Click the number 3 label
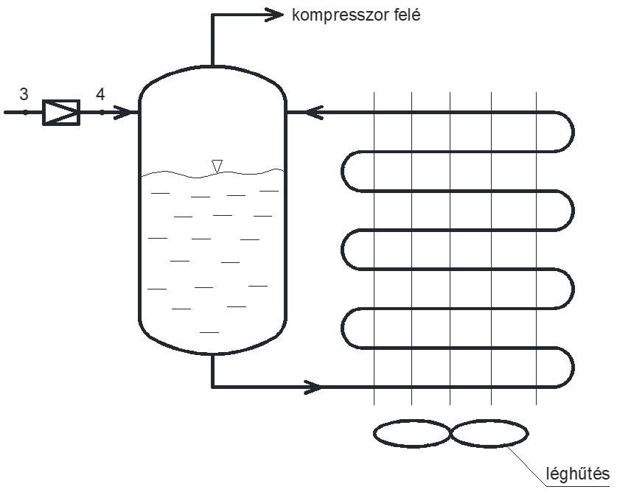[x=24, y=94]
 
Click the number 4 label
[x=100, y=94]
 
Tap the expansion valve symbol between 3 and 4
[x=61, y=113]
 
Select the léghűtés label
[x=576, y=472]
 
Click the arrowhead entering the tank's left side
[x=127, y=113]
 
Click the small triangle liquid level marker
[x=216, y=166]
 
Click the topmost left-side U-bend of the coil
[x=349, y=172]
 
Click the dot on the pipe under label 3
[x=24, y=113]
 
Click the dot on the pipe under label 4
[x=102, y=113]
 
